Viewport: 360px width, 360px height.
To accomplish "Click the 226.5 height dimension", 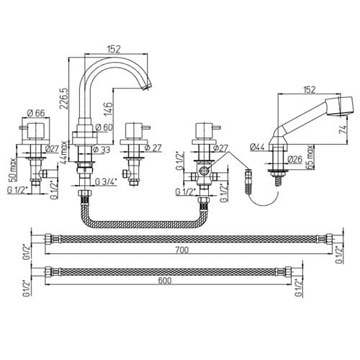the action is pos(65,99).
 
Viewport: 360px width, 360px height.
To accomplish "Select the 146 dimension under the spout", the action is pos(109,109).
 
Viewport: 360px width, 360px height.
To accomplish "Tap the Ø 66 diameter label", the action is pos(36,113).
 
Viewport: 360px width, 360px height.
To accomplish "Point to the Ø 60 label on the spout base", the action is pos(104,127).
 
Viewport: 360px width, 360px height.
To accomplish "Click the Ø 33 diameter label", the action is pos(102,150).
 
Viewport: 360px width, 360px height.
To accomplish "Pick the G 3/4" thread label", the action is pos(106,181).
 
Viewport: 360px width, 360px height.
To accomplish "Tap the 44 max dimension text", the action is pos(64,152).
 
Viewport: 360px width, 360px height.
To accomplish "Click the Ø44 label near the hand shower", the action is pos(257,146).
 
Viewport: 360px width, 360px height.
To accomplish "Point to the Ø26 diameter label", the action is pos(294,159).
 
